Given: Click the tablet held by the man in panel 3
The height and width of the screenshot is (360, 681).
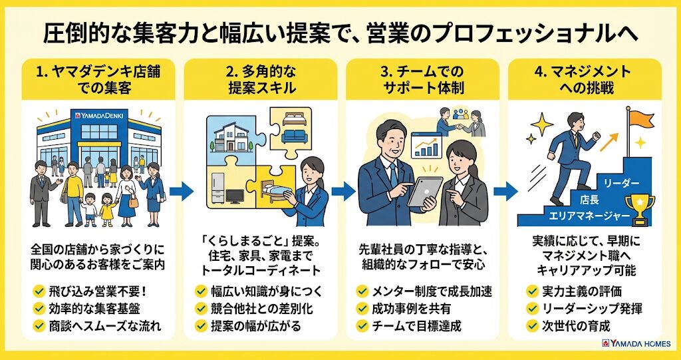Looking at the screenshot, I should (425, 192).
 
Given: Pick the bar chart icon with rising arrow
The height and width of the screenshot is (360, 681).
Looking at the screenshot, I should (426, 146).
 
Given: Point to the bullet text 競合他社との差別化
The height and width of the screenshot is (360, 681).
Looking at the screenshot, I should (260, 308).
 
